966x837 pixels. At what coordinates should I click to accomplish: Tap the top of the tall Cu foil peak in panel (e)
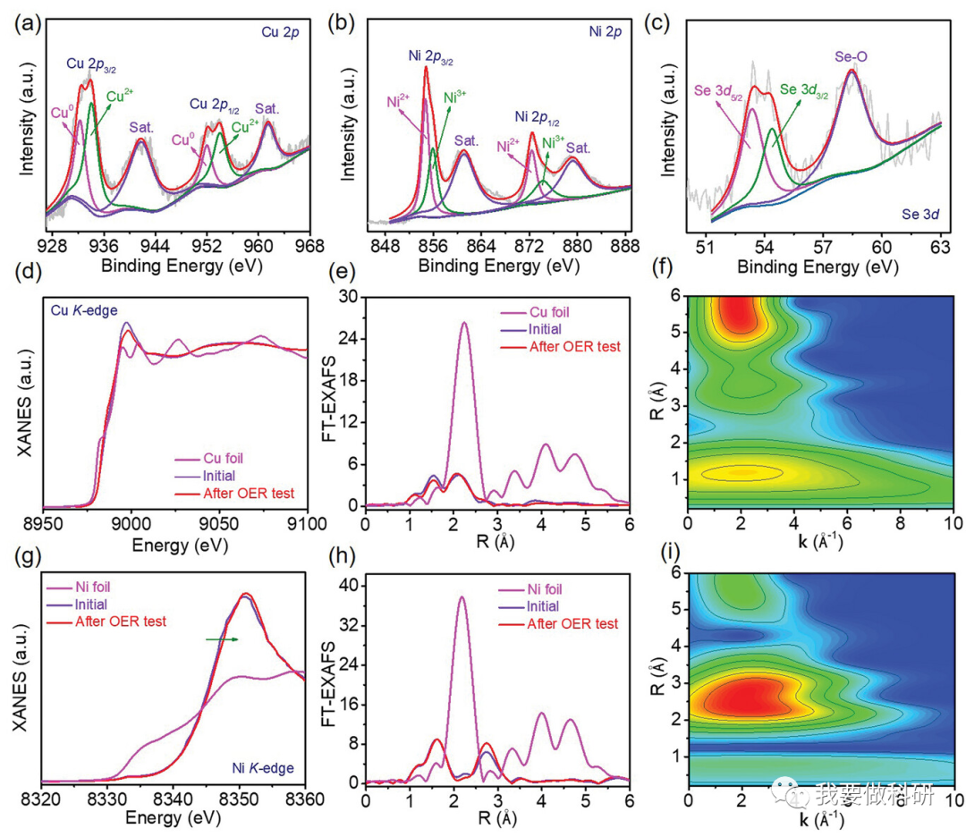(463, 324)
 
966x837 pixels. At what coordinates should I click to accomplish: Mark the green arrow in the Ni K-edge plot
(222, 638)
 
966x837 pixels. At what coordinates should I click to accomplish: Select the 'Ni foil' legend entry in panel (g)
(97, 588)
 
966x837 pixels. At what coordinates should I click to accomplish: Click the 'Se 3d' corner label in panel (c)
(912, 215)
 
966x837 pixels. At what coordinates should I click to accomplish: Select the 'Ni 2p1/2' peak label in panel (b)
(538, 117)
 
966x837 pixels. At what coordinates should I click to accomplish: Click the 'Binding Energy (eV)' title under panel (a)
(170, 266)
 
